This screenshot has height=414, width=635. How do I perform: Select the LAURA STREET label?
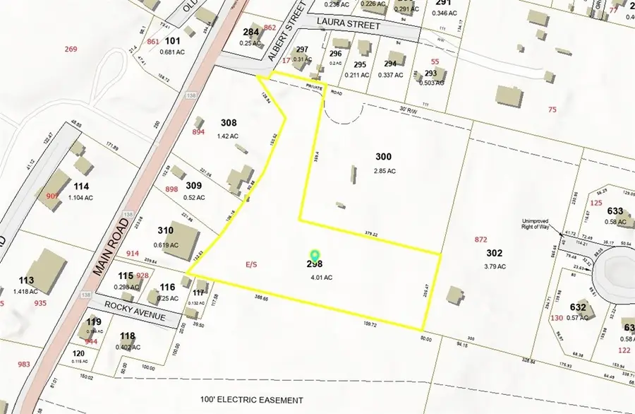[349, 25]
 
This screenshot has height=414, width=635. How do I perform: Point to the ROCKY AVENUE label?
[134, 312]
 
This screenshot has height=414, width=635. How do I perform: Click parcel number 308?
[228, 123]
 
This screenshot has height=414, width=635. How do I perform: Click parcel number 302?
[494, 253]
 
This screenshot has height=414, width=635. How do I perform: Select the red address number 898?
[171, 189]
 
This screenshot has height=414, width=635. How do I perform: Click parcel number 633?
[615, 211]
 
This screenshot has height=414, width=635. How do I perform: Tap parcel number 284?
[251, 32]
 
